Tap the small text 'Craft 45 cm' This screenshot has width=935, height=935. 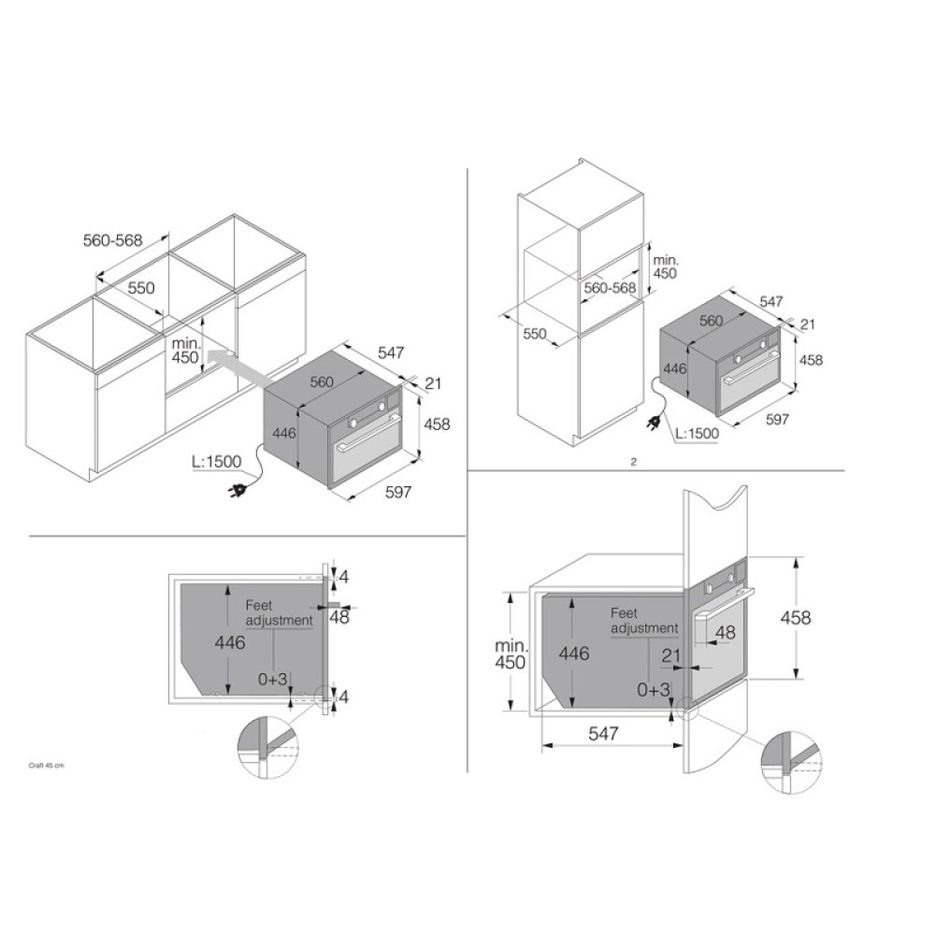click(47, 766)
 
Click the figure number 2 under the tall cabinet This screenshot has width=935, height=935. click(633, 462)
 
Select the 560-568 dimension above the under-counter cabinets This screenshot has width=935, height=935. click(113, 240)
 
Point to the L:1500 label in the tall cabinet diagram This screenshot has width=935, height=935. click(697, 434)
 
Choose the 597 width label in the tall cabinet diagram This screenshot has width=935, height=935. click(777, 419)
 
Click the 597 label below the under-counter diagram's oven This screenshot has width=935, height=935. click(397, 492)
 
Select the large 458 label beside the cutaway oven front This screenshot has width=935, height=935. click(796, 617)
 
